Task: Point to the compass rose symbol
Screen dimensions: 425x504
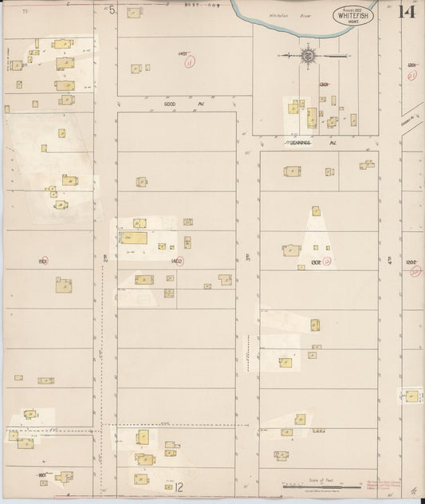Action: click(x=308, y=56)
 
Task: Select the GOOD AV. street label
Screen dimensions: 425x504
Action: click(x=174, y=104)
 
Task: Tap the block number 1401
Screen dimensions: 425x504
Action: click(x=183, y=53)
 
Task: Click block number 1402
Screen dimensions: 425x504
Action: click(x=176, y=260)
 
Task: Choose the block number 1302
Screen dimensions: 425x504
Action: click(x=315, y=260)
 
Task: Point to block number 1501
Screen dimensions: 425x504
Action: click(x=42, y=260)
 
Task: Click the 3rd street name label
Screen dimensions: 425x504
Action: click(x=247, y=257)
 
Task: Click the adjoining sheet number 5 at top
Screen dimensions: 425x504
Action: click(x=112, y=10)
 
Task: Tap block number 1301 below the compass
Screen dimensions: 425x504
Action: click(x=324, y=84)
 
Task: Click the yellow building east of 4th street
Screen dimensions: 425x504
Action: click(x=411, y=396)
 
